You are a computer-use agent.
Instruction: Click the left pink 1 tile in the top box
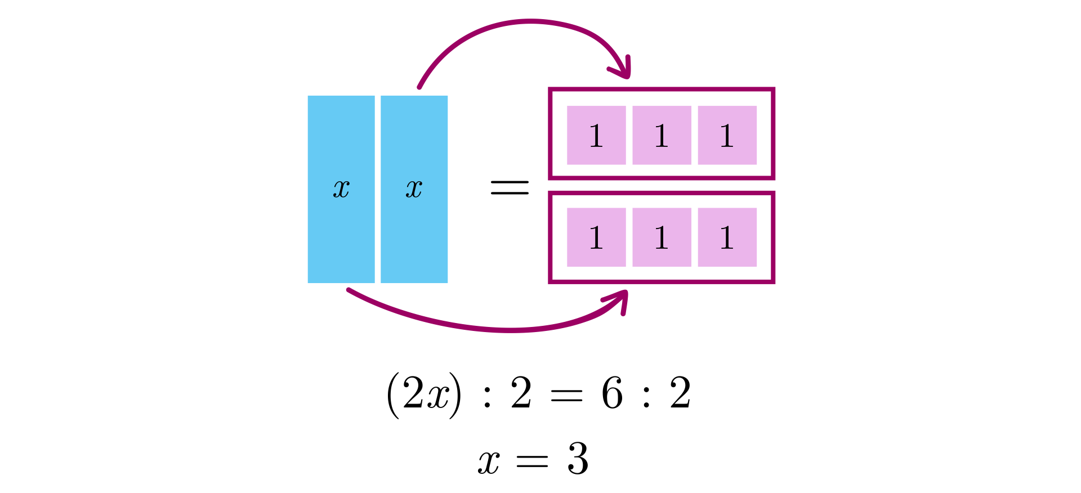click(x=596, y=136)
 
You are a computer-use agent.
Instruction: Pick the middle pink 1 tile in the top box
click(x=662, y=136)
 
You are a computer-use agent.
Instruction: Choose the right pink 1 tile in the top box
click(x=727, y=136)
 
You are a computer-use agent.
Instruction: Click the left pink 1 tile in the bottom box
click(x=596, y=237)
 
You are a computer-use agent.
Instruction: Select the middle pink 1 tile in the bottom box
click(x=662, y=237)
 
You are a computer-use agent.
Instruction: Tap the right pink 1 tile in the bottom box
click(x=727, y=237)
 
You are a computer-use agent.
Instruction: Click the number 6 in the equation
click(x=612, y=393)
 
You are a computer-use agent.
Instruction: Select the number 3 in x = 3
click(x=578, y=459)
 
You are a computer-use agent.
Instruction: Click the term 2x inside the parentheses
click(x=426, y=394)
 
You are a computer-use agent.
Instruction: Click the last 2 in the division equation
click(x=680, y=393)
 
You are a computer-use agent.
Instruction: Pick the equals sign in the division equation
click(x=566, y=396)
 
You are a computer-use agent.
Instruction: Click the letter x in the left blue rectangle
click(x=341, y=189)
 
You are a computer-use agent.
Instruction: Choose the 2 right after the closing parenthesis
click(x=521, y=393)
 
